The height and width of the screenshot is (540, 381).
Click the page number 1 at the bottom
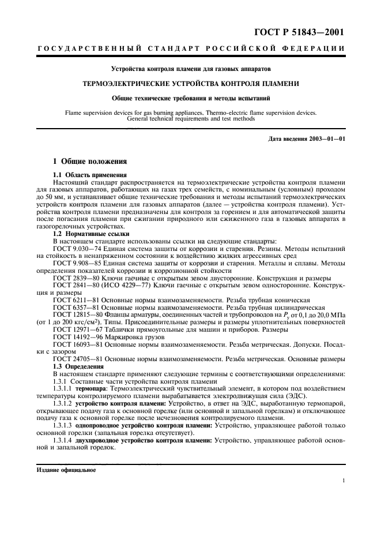[344, 479]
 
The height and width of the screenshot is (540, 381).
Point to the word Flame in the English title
[65, 113]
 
